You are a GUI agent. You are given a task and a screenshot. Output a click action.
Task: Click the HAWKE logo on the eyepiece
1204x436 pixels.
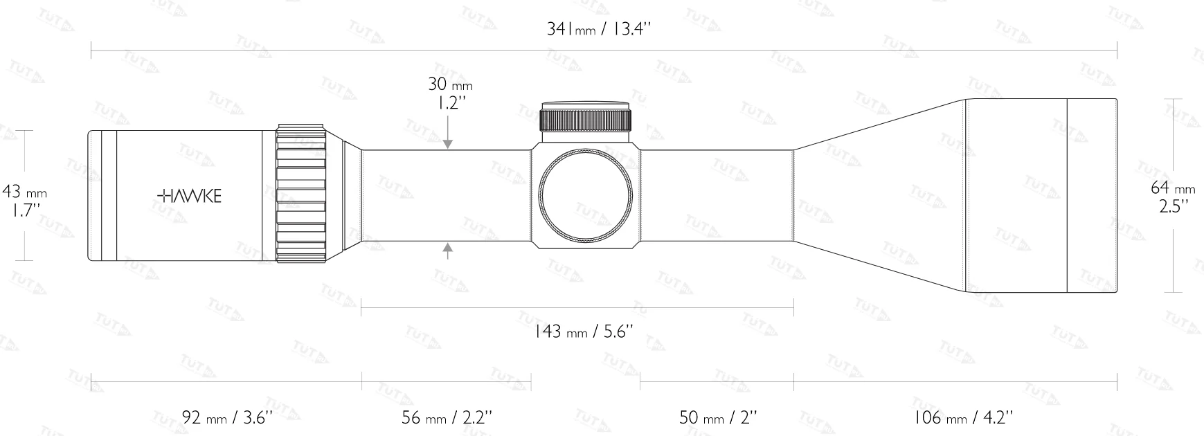[190, 197]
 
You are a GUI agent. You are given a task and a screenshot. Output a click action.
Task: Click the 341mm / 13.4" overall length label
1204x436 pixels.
[600, 29]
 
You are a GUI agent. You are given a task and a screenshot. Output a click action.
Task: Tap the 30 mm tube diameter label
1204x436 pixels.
[450, 85]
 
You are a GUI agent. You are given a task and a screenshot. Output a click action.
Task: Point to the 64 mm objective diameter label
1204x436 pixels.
[1173, 188]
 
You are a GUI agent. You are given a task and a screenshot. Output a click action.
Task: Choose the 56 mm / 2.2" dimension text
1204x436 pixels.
[447, 417]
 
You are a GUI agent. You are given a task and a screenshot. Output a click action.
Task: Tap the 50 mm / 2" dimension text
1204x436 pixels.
[718, 417]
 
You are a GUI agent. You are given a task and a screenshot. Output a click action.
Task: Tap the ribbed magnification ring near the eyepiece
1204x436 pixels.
[300, 193]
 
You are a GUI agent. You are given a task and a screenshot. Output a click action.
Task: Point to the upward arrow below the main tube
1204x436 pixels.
[449, 251]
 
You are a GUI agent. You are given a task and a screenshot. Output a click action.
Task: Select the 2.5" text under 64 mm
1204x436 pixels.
[1174, 206]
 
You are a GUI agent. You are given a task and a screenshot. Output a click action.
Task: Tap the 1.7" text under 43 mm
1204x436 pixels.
[24, 210]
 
